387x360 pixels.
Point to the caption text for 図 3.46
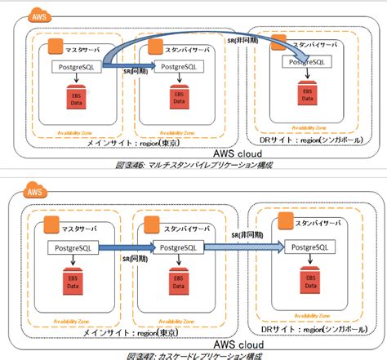click(193, 165)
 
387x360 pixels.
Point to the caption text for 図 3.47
click(193, 355)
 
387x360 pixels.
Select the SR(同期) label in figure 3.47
click(133, 256)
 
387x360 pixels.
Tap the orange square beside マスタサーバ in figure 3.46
click(56, 48)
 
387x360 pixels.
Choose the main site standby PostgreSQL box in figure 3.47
click(176, 246)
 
